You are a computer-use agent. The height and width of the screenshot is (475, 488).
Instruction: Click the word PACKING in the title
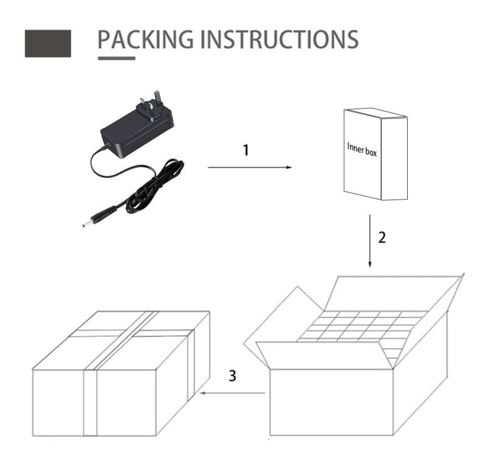[x=146, y=40]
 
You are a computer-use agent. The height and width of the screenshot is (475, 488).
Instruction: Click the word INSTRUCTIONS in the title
[x=279, y=40]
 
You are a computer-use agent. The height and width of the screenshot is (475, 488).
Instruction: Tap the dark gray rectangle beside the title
[x=48, y=43]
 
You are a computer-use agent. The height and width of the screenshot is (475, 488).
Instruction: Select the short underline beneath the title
[x=117, y=58]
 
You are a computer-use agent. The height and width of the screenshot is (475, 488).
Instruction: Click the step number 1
[x=246, y=150]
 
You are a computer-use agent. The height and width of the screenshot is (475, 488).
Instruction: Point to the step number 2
[x=382, y=237]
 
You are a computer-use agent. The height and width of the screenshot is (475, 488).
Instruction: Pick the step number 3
[x=233, y=376]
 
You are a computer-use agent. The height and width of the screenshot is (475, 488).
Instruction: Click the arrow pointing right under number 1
[x=250, y=168]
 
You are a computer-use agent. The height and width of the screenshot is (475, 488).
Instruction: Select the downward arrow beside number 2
[x=369, y=241]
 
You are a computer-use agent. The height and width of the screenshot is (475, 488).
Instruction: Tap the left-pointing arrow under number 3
[x=233, y=393]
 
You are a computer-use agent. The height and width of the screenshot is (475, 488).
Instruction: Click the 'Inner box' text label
[x=362, y=150]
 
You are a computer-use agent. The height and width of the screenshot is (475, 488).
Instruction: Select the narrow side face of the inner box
[x=395, y=159]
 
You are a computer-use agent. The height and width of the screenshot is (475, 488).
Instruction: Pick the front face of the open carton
[x=331, y=402]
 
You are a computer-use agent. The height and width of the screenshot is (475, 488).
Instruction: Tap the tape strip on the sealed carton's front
[x=90, y=403]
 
